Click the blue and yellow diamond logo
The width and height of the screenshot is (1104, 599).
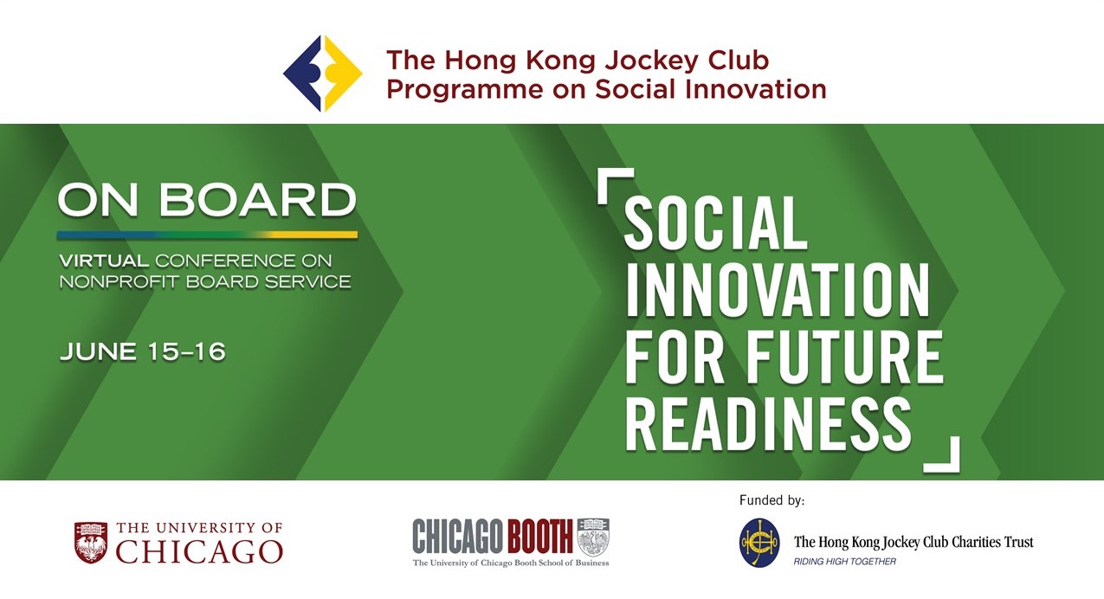323,74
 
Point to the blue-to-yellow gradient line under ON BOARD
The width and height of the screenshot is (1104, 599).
207,235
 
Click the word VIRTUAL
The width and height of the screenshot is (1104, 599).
104,261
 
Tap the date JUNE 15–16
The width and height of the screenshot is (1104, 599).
142,351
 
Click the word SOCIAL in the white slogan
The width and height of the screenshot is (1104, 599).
715,223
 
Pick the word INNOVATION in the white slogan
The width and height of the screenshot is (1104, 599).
778,291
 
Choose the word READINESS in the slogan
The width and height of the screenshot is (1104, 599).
768,424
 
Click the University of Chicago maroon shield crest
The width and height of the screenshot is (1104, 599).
91,543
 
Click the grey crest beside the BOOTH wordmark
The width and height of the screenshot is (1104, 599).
593,538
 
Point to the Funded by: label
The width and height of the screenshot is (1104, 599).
772,500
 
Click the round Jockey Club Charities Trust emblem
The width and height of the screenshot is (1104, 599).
759,543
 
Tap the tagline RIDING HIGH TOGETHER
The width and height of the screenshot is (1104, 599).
845,562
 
